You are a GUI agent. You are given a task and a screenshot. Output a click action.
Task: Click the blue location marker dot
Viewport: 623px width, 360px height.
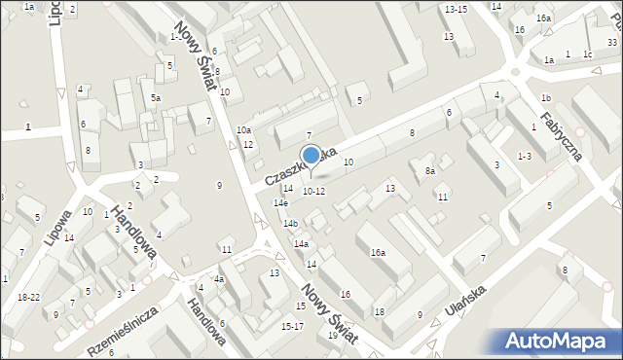311,155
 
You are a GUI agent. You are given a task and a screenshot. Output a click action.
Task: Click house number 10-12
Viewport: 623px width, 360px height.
312,191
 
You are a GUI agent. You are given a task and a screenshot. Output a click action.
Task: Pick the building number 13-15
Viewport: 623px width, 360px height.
455,9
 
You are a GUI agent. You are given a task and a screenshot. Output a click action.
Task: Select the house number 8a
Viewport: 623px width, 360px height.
429,170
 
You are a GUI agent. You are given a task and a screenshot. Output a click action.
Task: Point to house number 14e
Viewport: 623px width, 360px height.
280,203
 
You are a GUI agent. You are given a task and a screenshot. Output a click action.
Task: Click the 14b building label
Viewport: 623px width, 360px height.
290,224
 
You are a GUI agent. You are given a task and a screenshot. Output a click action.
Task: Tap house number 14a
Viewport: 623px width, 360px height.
301,244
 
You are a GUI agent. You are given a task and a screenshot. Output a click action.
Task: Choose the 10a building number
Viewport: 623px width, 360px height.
243,130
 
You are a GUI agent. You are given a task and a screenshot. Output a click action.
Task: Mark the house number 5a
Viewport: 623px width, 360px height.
155,98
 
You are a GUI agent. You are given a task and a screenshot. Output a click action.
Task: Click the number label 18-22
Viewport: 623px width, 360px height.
28,297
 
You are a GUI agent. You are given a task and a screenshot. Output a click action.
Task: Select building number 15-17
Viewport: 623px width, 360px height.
292,326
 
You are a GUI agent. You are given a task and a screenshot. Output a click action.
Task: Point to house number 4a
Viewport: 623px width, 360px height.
219,280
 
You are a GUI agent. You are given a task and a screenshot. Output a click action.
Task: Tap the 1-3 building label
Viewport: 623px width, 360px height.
525,156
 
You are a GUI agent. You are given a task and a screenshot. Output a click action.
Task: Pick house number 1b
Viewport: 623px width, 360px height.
546,98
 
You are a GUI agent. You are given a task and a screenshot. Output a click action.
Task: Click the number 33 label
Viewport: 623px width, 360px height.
611,42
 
